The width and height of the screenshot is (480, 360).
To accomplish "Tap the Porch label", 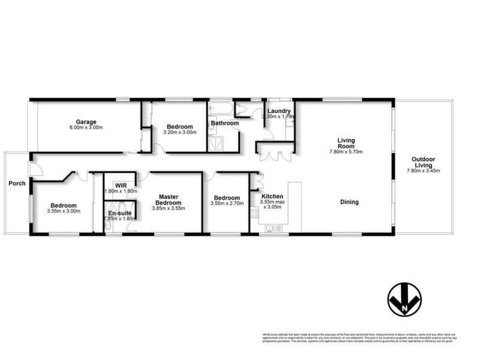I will [x=17, y=183].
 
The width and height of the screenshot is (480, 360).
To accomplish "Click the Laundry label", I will [x=279, y=111].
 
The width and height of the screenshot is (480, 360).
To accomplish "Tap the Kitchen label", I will [x=272, y=196].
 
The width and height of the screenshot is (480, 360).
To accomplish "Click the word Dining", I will [x=349, y=202].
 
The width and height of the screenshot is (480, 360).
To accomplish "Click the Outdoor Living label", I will [x=424, y=162].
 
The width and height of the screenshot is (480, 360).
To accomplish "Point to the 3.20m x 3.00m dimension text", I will [x=180, y=133].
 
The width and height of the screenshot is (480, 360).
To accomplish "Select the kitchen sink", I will [x=272, y=228].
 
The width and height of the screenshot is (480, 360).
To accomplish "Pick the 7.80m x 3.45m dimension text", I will [x=424, y=171].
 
